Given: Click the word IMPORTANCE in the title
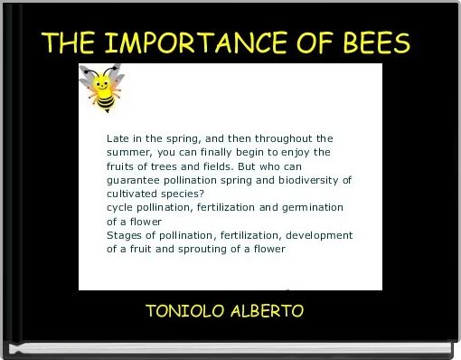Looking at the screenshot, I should (206, 43).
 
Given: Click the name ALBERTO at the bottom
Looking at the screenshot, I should (267, 311).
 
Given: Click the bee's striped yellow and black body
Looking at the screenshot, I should (107, 105).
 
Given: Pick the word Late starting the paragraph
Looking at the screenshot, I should (118, 138).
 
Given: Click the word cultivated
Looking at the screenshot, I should (133, 194).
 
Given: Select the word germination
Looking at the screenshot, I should (311, 207).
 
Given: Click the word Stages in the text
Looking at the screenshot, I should (124, 234).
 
